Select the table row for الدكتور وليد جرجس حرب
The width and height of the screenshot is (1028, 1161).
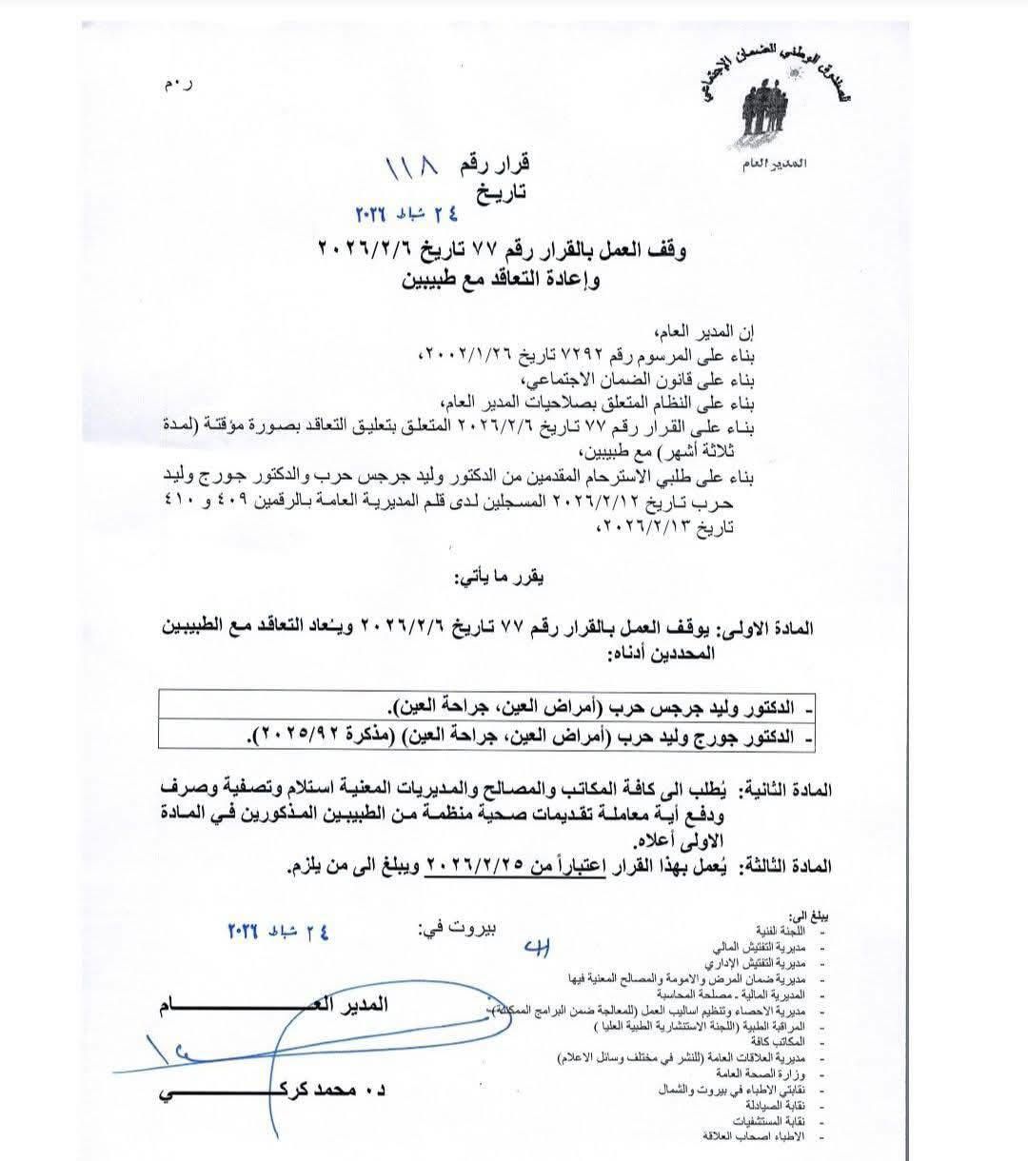[590, 709]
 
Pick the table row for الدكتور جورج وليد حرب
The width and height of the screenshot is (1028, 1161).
[533, 736]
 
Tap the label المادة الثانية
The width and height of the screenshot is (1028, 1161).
[786, 790]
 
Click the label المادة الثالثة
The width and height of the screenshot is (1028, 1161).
[786, 867]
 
